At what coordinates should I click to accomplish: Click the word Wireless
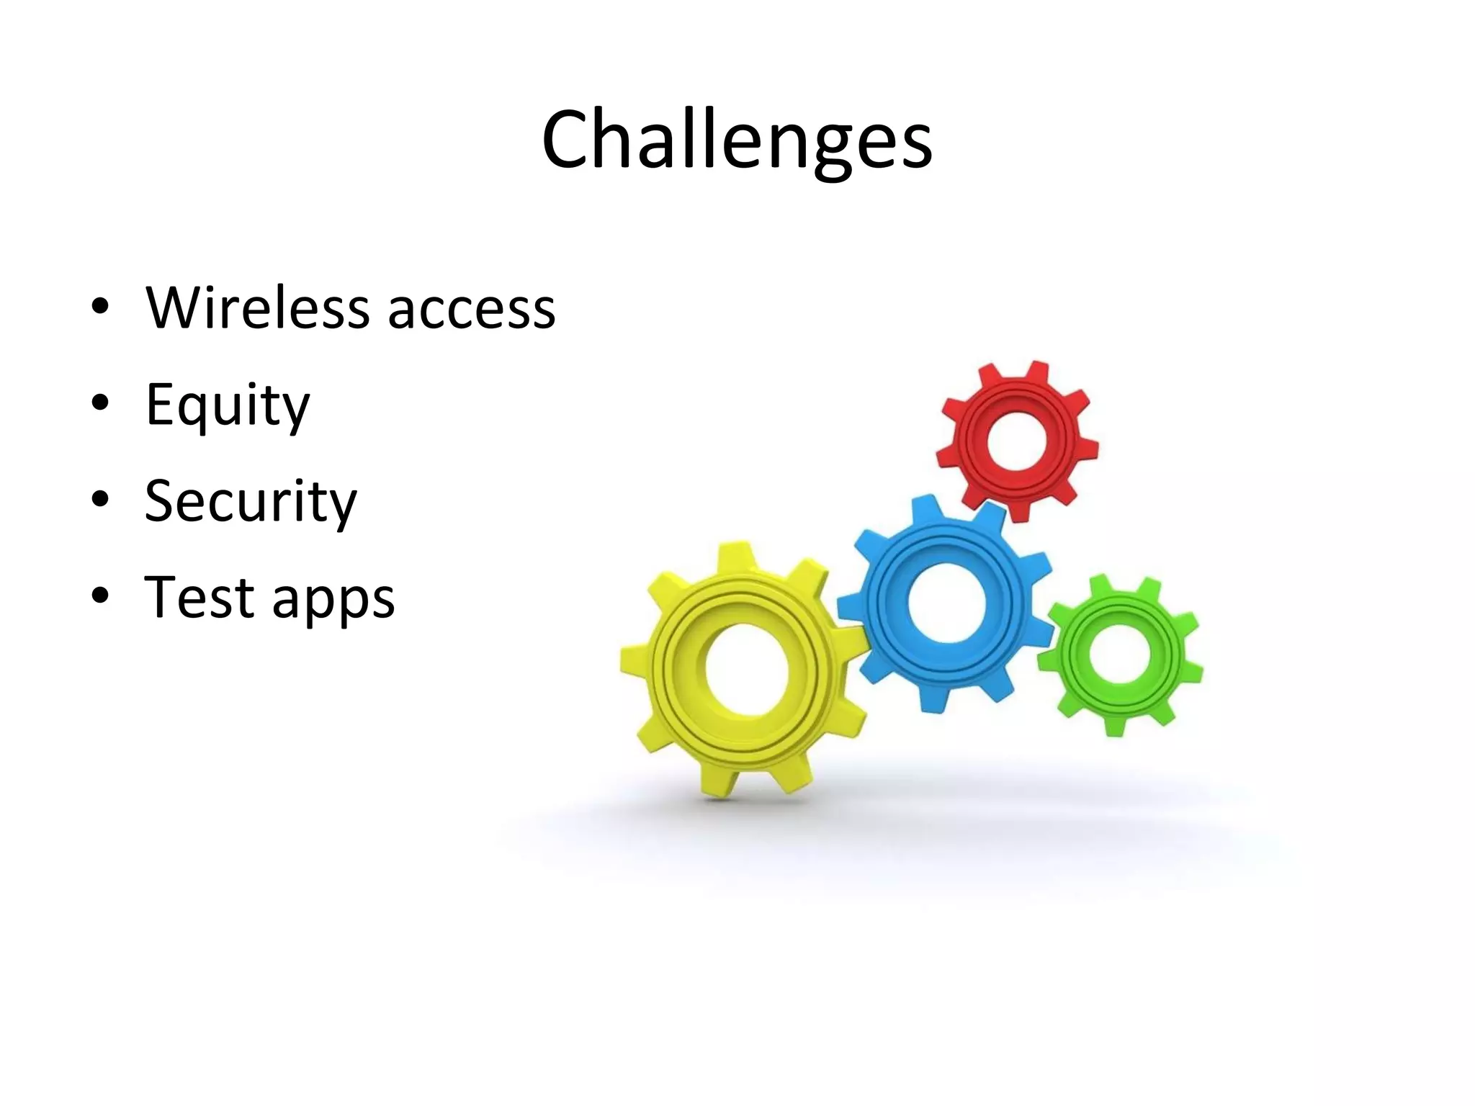click(259, 308)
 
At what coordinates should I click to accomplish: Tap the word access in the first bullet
click(472, 310)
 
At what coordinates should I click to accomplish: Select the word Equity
click(228, 405)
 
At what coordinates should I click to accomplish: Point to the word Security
click(251, 501)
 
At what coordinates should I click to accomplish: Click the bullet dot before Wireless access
click(100, 306)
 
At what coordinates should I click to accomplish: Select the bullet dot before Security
click(100, 498)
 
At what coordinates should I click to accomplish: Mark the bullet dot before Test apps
click(100, 595)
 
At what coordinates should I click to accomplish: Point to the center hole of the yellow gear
click(749, 670)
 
